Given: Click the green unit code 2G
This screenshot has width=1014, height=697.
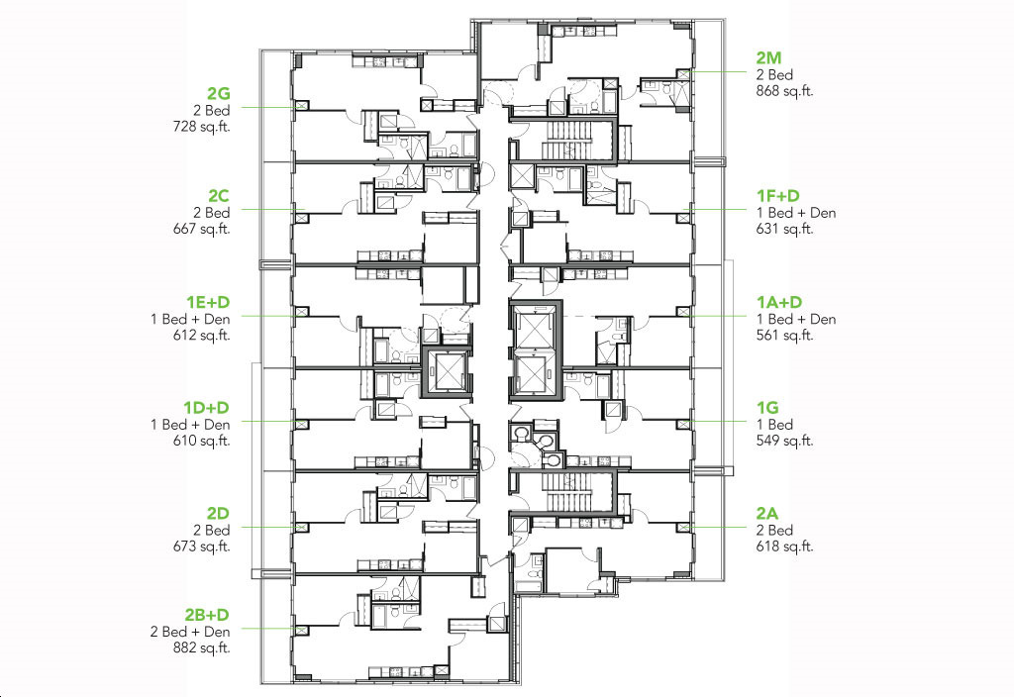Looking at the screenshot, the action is pos(219,94).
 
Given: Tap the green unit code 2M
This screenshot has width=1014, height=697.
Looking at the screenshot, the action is pos(768,58).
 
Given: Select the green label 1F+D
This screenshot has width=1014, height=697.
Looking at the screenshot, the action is pos(778,196).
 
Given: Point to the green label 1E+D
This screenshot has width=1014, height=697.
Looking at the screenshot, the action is pos(208,302).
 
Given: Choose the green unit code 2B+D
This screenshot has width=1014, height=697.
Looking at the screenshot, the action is pos(207,615).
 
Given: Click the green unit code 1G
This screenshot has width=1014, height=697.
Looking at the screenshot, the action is pos(767,408).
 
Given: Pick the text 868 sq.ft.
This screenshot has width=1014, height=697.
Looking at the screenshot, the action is pos(784,91).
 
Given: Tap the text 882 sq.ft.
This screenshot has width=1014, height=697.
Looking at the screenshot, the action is pos(202,647).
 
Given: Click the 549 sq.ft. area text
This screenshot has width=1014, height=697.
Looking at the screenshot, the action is pos(784,441).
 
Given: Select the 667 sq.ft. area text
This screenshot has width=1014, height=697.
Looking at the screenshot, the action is pos(202,229).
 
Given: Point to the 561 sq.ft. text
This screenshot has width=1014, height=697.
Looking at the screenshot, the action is pos(784,336).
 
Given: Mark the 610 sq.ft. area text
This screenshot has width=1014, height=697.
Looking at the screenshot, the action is pos(202,441).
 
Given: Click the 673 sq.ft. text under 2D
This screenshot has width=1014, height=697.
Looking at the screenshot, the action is pos(202,547).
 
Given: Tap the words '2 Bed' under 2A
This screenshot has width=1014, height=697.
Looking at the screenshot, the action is pos(774,531).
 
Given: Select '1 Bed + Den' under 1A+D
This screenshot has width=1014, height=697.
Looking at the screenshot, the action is pos(796,319).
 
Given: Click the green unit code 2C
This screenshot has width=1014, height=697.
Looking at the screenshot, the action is pos(219,196).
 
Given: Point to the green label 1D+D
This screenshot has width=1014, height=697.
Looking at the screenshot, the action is pos(206,408).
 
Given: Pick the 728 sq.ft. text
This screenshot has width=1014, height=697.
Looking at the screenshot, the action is pos(202,127).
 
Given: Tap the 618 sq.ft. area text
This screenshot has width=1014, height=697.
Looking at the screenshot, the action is pos(784,547).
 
